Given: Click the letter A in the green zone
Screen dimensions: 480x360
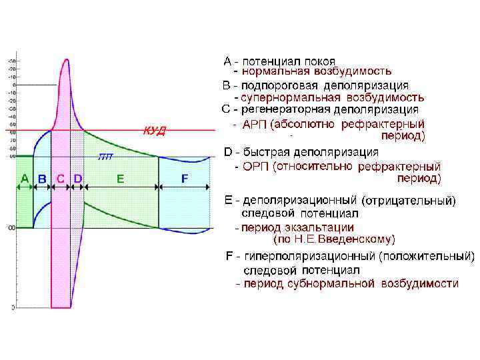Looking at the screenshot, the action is pyautogui.click(x=24, y=178).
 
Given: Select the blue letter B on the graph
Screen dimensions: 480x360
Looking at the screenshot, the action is pyautogui.click(x=42, y=179).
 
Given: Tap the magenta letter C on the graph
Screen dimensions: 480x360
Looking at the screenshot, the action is pyautogui.click(x=61, y=178).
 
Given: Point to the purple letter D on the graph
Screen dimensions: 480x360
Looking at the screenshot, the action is pyautogui.click(x=77, y=178).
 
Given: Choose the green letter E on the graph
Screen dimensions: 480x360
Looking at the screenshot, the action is pyautogui.click(x=120, y=178).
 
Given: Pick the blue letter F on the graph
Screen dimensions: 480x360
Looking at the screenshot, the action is pyautogui.click(x=185, y=178).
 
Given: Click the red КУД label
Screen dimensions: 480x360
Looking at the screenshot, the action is pyautogui.click(x=155, y=131).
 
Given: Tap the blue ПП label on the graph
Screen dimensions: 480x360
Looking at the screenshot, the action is pyautogui.click(x=105, y=157).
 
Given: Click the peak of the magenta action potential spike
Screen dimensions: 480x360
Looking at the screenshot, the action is pyautogui.click(x=65, y=61).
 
